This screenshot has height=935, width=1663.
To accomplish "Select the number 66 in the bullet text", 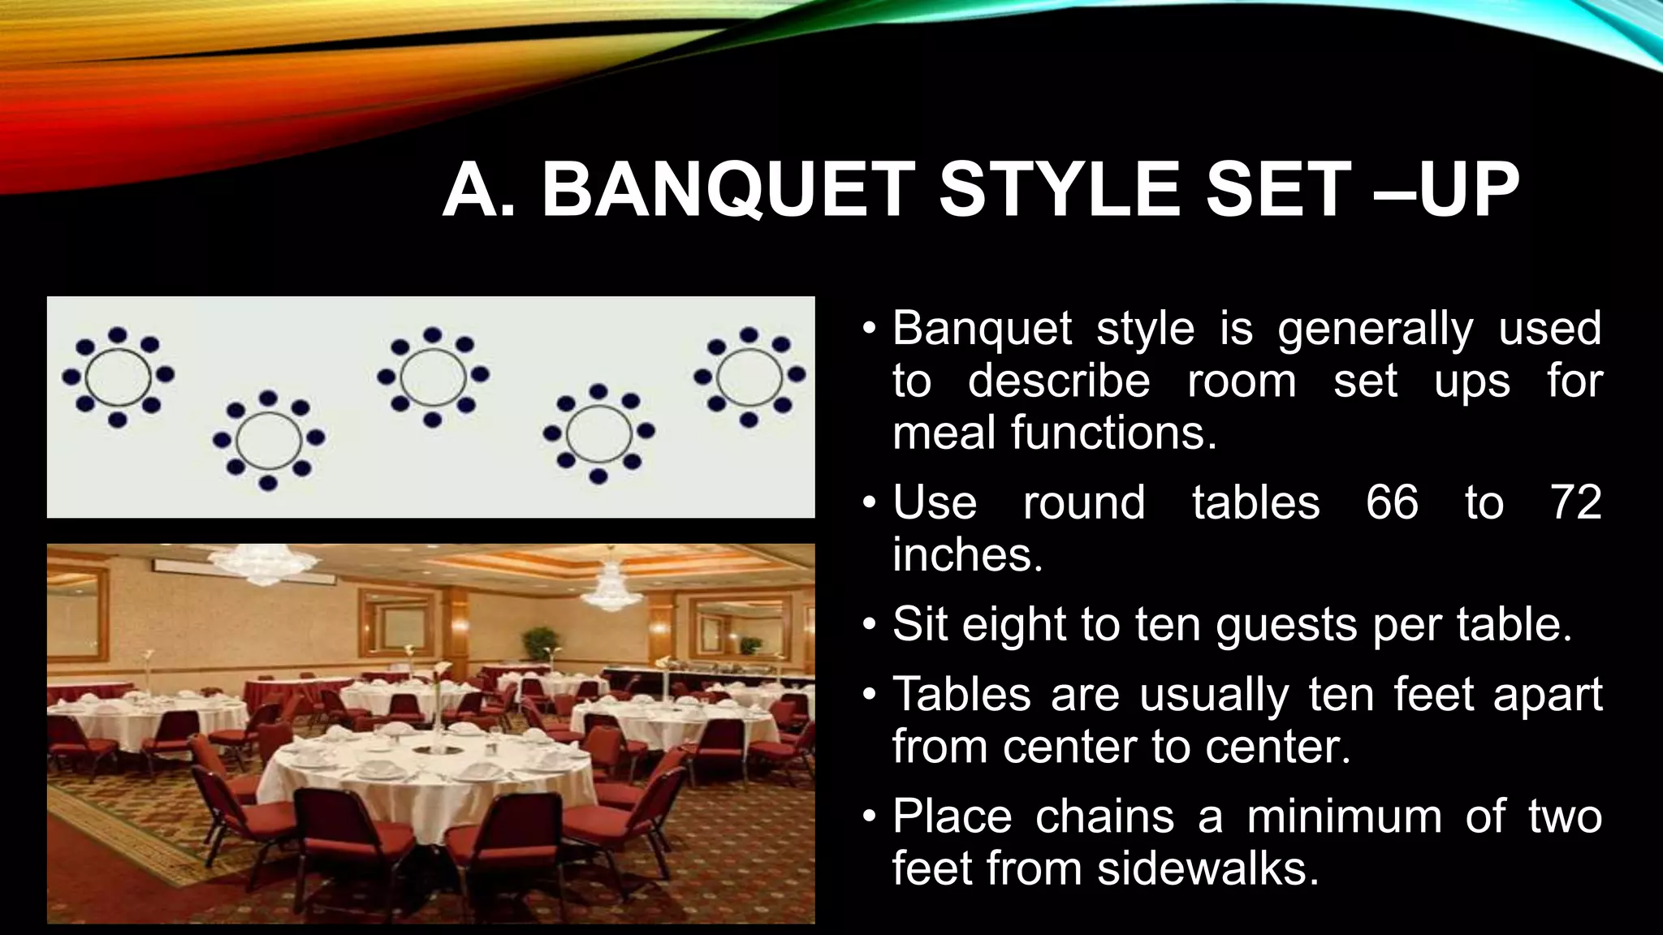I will click(1392, 502).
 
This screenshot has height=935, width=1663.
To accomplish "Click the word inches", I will click(967, 555).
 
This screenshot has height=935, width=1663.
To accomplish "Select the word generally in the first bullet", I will click(1375, 329).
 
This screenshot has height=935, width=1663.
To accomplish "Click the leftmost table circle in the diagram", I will click(119, 377).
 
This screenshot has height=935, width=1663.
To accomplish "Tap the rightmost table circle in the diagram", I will click(749, 377).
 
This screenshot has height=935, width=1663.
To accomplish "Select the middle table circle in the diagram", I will click(433, 377).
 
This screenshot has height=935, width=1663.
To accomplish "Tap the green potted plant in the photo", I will click(541, 643).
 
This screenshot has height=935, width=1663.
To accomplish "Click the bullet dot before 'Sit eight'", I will click(870, 625).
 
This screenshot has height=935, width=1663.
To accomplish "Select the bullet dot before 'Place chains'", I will click(870, 817).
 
